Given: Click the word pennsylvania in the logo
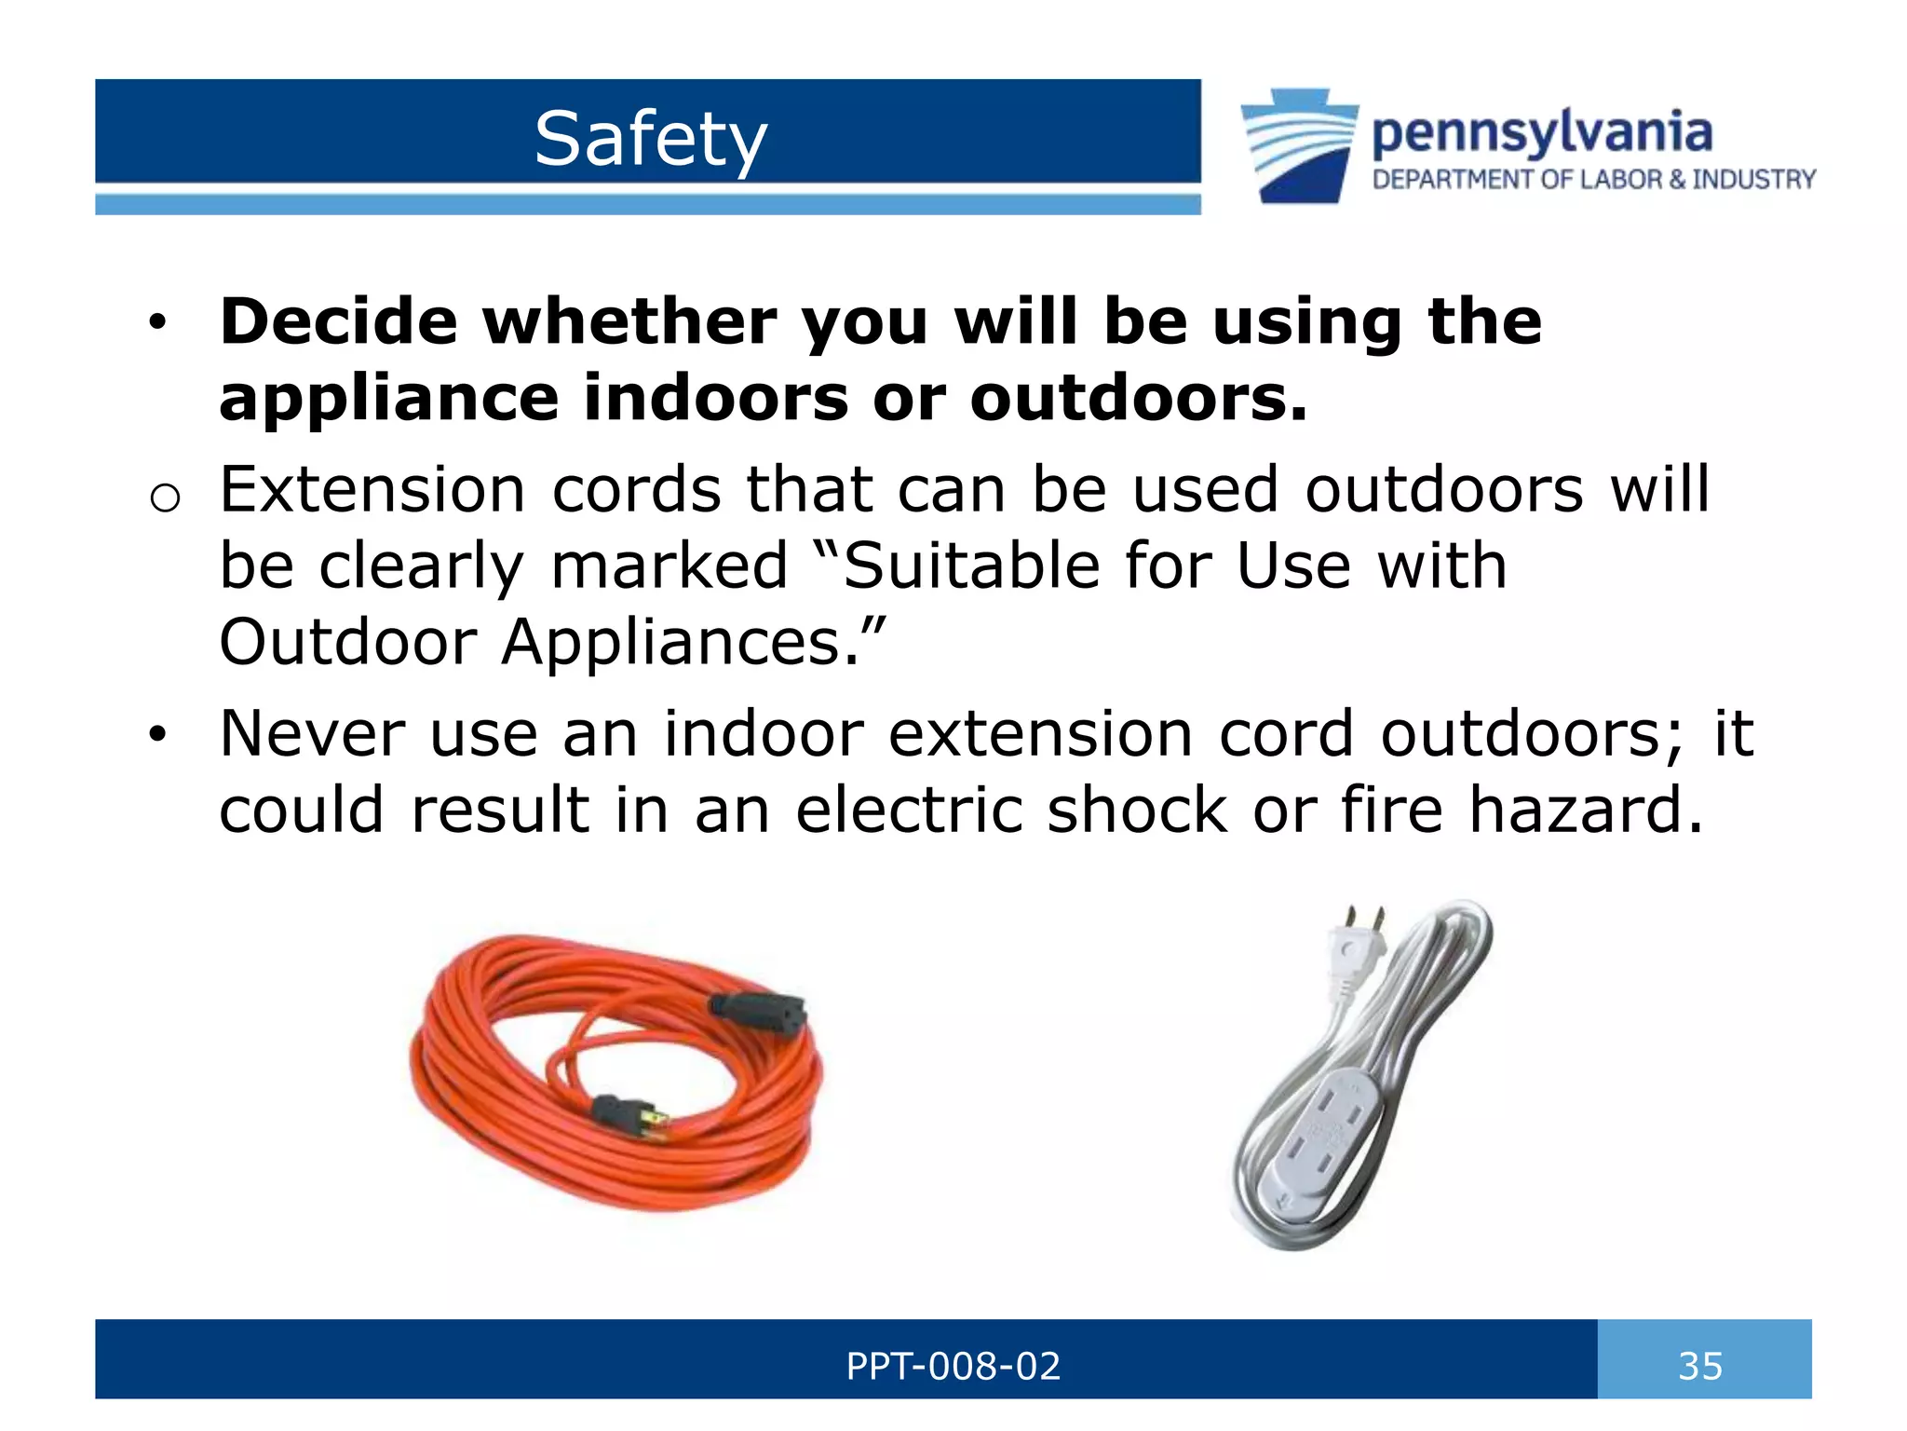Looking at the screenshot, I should coord(1541,132).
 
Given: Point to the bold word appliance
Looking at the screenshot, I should coord(388,399).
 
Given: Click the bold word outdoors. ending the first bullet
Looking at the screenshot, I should coord(1138,398).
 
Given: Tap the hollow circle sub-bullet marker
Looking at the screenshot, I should coord(164,498).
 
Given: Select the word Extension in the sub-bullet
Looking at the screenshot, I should coord(372,490).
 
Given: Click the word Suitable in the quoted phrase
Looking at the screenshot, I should coord(970,566).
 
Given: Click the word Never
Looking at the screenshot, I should coord(312,733).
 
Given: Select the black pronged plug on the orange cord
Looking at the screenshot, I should coord(629,1113).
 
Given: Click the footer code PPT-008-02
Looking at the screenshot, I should coord(952,1366).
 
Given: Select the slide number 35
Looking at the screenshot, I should coord(1700,1366).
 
